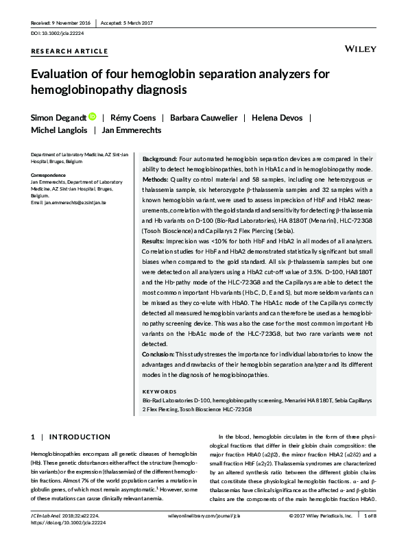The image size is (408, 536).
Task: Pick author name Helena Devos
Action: (277, 118)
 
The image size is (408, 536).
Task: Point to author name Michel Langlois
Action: (58, 129)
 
